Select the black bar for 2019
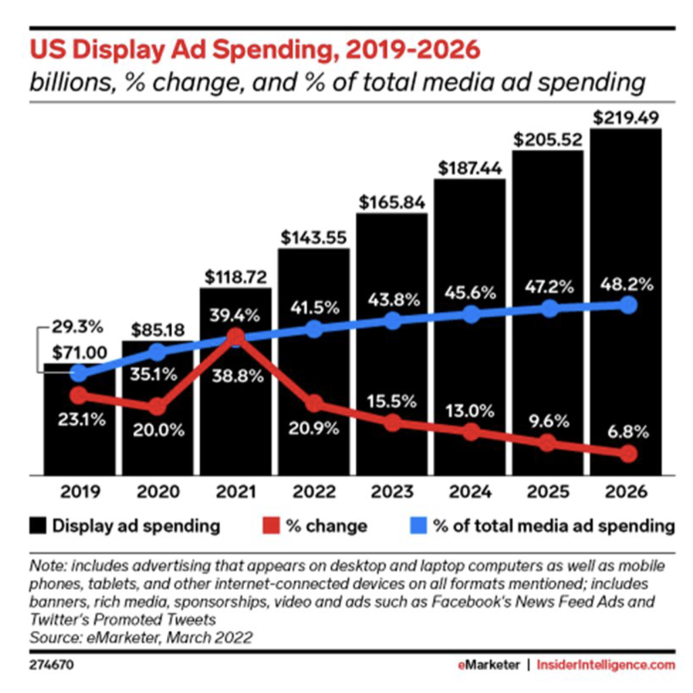pos(79,432)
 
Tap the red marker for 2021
pos(236,336)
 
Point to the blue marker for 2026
pos(628,305)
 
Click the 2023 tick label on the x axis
pos(392,491)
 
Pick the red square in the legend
pos(269,526)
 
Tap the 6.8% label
pos(626,431)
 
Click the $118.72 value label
pos(236,276)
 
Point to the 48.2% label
pos(627,284)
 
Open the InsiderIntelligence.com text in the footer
pos(605,665)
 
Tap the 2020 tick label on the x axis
pos(157,491)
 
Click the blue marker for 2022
pos(314,329)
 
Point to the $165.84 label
pos(392,202)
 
